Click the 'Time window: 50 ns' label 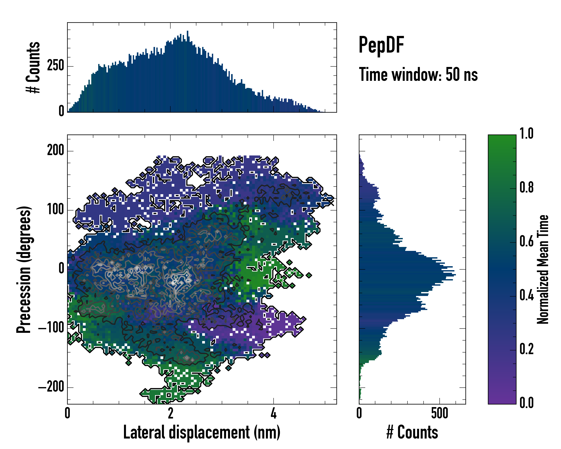click(x=418, y=74)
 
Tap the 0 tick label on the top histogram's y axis click(x=61, y=111)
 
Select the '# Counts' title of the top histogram click(x=33, y=67)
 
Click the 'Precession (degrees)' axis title click(x=24, y=269)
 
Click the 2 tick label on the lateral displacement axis click(x=170, y=413)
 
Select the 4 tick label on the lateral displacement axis click(x=273, y=413)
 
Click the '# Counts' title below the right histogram click(x=412, y=432)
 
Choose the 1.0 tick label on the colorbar click(x=526, y=134)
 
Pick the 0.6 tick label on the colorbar click(x=526, y=241)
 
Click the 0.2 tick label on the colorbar click(x=526, y=349)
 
